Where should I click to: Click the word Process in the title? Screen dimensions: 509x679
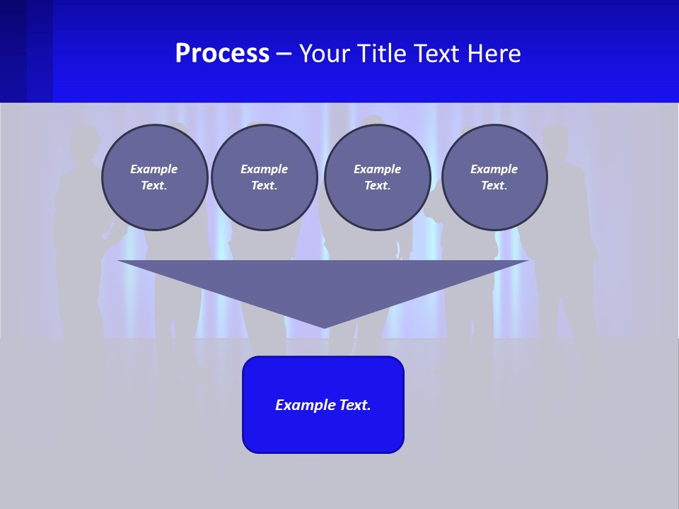tap(222, 54)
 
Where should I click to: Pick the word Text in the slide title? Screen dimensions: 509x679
tap(439, 54)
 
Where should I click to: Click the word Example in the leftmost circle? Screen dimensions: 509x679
tap(154, 169)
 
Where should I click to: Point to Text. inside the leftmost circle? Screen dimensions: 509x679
tap(154, 185)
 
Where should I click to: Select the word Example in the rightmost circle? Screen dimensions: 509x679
tap(494, 169)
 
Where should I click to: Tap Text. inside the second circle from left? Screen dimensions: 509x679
tap(264, 185)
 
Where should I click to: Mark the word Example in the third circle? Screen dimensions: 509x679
tap(377, 169)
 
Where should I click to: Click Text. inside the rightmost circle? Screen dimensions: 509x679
tap(494, 185)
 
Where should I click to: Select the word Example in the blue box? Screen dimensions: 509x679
tap(306, 405)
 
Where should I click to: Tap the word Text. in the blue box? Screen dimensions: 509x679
tap(355, 405)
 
